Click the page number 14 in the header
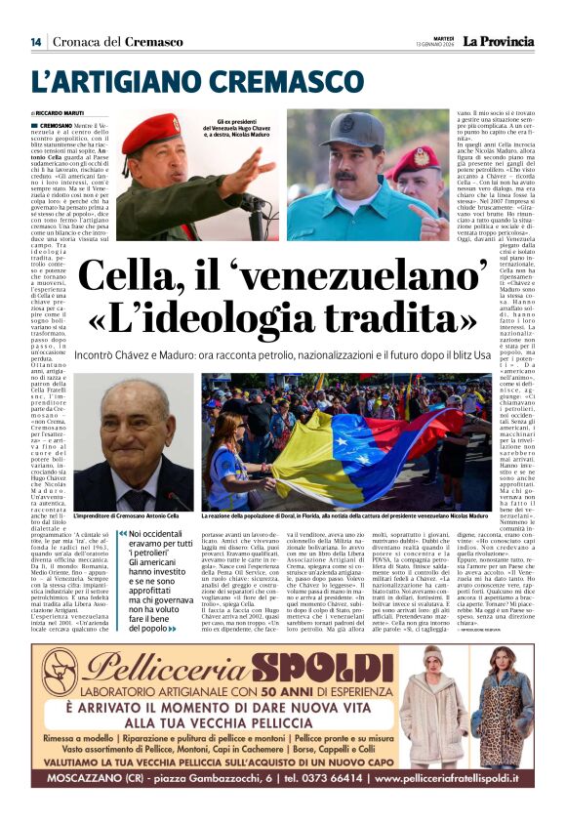tap(36, 42)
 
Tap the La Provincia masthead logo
tap(499, 41)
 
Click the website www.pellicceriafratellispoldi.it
tap(450, 780)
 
